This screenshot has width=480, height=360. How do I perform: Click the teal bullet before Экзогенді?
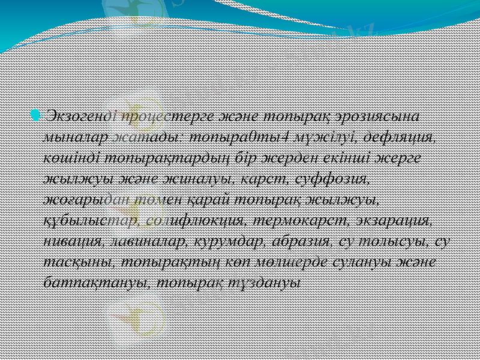tap(36, 114)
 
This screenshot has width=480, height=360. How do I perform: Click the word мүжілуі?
tap(328, 136)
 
